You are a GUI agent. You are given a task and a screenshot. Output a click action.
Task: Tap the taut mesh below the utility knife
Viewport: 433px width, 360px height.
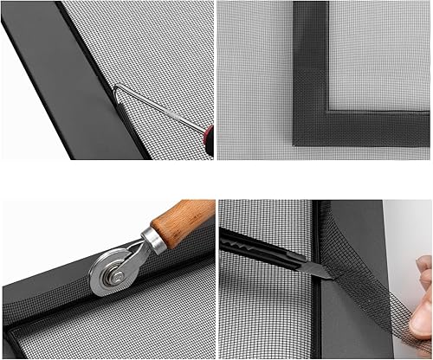coord(260,320)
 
